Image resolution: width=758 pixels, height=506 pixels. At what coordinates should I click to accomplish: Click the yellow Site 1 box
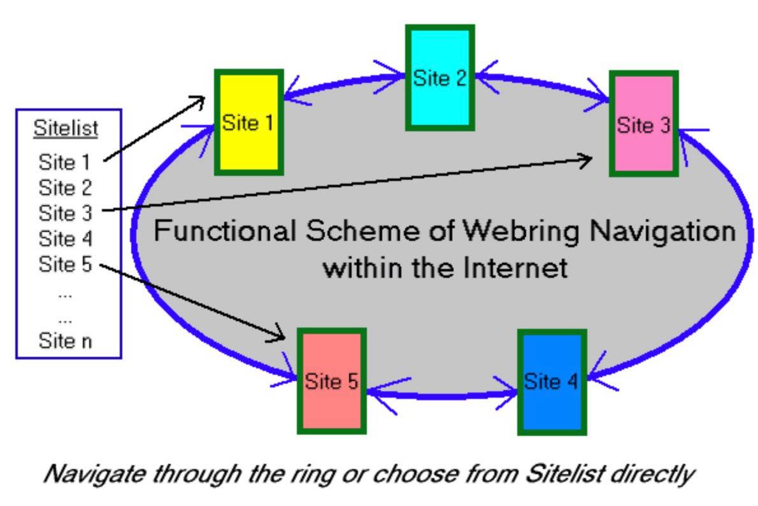point(248,122)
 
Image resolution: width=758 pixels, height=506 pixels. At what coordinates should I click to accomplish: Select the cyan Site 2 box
point(440,78)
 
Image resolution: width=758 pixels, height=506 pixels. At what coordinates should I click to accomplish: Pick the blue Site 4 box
point(551,382)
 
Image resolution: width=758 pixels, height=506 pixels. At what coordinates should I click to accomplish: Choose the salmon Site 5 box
point(331,381)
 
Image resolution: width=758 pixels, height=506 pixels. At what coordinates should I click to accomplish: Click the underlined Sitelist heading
point(66,128)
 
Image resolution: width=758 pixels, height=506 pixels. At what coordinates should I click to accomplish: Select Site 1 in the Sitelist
point(64,162)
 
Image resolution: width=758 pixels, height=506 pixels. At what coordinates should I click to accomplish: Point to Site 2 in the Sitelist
point(64,188)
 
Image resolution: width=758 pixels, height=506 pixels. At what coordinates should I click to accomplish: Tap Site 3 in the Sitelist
point(64,213)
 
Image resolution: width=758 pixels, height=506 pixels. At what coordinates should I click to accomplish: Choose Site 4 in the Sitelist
point(64,238)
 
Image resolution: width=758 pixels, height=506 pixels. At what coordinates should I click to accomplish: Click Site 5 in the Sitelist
point(64,264)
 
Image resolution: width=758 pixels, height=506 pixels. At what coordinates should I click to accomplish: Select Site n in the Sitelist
point(64,340)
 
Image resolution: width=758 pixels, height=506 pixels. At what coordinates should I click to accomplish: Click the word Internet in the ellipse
point(514,267)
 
